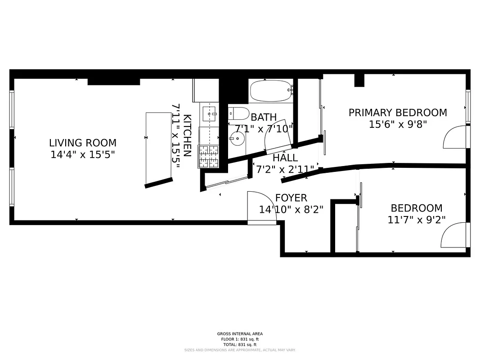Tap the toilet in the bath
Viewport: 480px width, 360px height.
coord(238,113)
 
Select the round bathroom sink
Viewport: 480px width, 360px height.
coord(237,139)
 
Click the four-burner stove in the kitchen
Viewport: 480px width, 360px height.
coord(208,156)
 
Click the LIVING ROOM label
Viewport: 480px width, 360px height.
coord(83,143)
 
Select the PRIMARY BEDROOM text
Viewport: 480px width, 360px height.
coord(398,112)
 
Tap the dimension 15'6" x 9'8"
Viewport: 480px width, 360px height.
coord(398,124)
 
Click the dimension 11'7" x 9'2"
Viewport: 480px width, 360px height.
coord(416,220)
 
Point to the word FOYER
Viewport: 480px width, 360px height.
coord(291,198)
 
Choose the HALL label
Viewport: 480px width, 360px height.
coord(285,158)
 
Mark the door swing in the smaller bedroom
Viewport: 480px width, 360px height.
coord(453,235)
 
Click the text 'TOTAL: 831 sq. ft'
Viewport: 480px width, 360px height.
coord(239,344)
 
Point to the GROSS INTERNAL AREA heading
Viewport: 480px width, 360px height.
coord(240,334)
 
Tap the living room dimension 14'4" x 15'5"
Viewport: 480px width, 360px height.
coord(83,155)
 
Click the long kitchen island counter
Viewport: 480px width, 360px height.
coord(158,148)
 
